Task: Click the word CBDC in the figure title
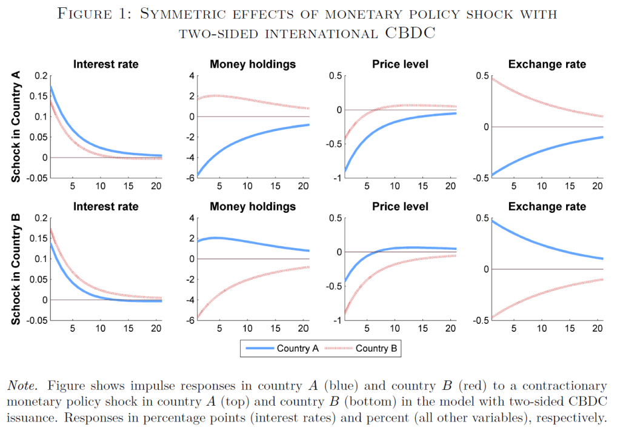(x=410, y=32)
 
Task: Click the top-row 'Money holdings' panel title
(x=253, y=64)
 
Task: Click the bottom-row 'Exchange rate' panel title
(x=547, y=206)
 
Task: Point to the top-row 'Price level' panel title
(x=399, y=64)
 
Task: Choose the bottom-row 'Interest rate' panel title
(x=105, y=206)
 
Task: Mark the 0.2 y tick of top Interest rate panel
(x=41, y=76)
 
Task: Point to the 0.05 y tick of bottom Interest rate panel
(x=38, y=280)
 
